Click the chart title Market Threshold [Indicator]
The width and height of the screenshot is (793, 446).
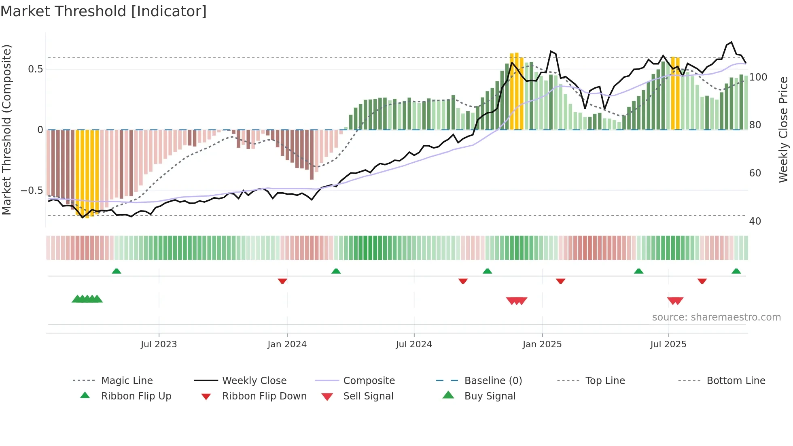tap(104, 11)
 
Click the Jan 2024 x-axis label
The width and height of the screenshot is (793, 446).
tap(287, 344)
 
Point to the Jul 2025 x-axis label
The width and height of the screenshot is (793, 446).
tap(668, 344)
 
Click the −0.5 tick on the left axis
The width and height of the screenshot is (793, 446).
tap(32, 191)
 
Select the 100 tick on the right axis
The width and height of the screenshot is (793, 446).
tap(758, 77)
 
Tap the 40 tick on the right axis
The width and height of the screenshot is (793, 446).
tap(755, 221)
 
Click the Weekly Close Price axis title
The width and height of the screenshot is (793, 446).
tap(783, 130)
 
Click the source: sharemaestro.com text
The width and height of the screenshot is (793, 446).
tap(716, 317)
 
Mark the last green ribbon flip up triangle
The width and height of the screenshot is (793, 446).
tap(736, 271)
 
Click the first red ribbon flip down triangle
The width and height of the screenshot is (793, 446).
tap(282, 281)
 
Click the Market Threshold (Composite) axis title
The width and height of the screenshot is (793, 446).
tap(6, 130)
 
